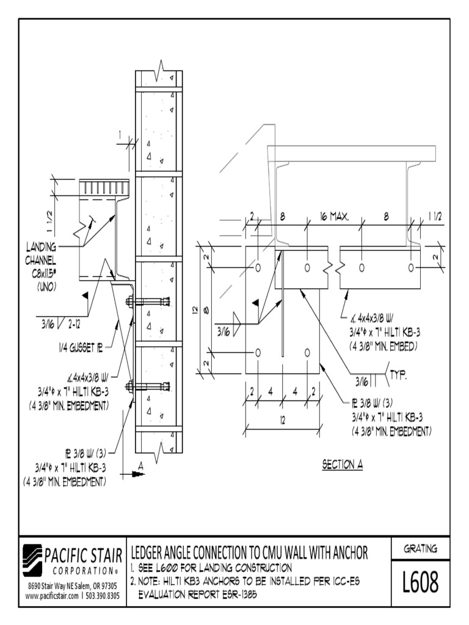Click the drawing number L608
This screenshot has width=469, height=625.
pyautogui.click(x=420, y=583)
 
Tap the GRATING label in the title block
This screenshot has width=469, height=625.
pyautogui.click(x=420, y=549)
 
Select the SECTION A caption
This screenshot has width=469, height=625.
pyautogui.click(x=343, y=464)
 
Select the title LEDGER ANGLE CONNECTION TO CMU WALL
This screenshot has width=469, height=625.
pyautogui.click(x=250, y=553)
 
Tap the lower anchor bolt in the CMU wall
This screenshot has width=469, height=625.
pyautogui.click(x=150, y=386)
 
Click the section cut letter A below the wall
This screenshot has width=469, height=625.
pyautogui.click(x=140, y=466)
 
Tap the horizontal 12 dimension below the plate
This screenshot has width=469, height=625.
pyautogui.click(x=282, y=420)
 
